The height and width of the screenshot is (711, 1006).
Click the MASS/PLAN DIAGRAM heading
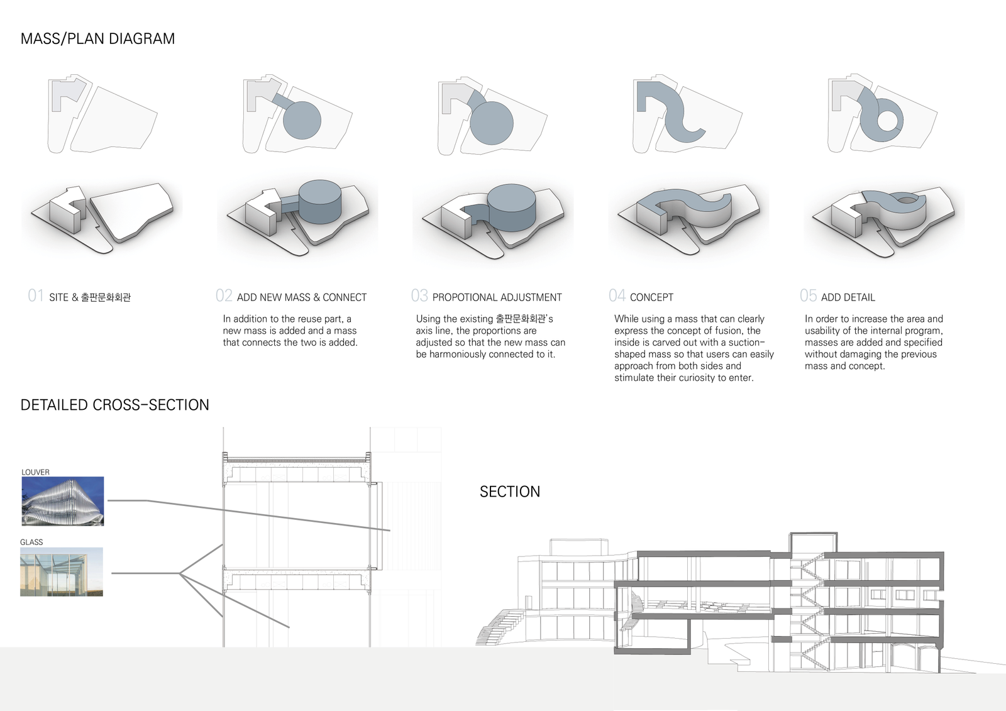[97, 39]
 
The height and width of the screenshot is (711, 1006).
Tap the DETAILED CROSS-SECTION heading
[114, 405]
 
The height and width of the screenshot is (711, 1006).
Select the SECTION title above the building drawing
[510, 492]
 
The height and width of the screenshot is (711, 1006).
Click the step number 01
[36, 295]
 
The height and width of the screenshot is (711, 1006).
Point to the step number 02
[224, 295]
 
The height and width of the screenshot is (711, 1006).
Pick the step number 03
[419, 295]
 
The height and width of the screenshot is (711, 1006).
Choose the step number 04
[617, 295]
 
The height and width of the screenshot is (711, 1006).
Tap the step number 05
[809, 295]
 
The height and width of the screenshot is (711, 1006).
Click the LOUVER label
[35, 472]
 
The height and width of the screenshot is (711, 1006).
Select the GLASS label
[31, 542]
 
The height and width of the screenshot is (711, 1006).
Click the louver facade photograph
[63, 501]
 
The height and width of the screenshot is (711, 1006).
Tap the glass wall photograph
[62, 572]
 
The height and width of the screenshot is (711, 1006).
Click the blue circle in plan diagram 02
[302, 120]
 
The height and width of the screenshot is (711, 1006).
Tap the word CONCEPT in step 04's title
[651, 297]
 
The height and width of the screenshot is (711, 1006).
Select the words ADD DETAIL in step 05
[848, 297]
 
